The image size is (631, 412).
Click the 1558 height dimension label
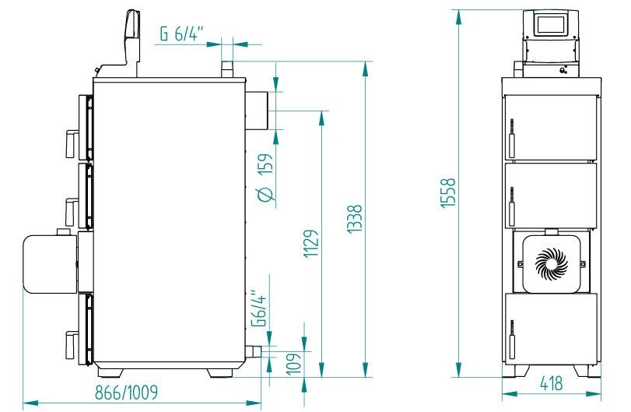coord(448,193)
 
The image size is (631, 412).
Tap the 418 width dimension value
coord(551,383)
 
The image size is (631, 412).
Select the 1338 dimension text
coord(355,219)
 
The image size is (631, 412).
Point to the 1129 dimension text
coord(310,244)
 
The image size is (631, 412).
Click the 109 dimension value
coord(293,364)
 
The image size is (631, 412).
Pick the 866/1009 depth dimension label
coord(126,393)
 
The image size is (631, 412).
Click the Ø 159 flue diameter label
coord(265,177)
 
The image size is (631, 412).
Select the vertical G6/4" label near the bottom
coord(259,308)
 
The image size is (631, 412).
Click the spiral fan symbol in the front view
coord(552,264)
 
